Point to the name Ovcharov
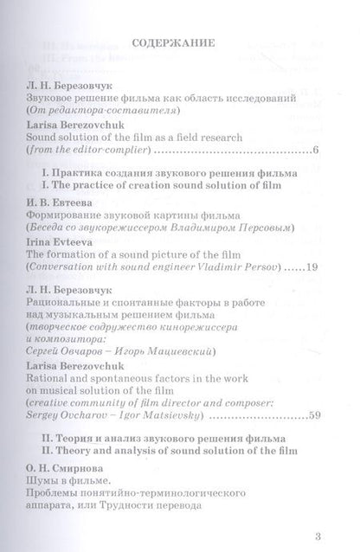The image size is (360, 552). [80, 416]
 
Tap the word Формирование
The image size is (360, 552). [68, 213]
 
